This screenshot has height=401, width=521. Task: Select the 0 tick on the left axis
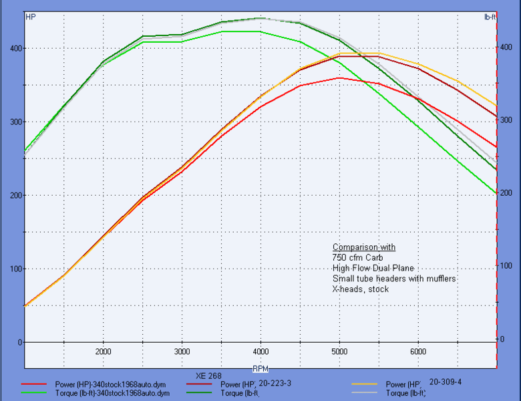point(19,342)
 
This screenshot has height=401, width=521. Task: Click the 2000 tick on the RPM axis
point(103,352)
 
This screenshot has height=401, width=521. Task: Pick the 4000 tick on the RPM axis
point(260,352)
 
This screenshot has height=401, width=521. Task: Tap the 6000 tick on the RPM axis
point(418,352)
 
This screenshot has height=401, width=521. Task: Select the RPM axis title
point(260,368)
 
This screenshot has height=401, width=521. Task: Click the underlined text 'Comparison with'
point(363,247)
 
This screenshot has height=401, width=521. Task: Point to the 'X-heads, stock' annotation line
point(360,289)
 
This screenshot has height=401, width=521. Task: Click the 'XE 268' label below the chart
point(208,376)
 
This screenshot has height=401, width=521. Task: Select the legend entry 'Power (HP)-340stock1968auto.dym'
point(110,385)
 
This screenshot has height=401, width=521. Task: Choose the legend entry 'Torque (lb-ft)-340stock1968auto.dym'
point(112,394)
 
